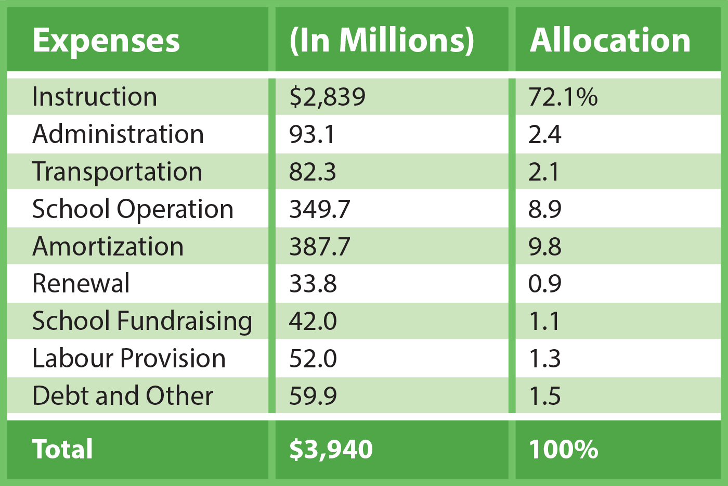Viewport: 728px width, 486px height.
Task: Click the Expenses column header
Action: [106, 40]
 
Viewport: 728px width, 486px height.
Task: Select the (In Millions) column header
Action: [382, 40]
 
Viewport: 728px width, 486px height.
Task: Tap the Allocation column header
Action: [610, 40]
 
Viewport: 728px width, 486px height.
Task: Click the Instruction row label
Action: [95, 97]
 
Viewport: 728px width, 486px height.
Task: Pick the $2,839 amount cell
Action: [328, 97]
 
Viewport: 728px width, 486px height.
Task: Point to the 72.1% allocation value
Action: [563, 97]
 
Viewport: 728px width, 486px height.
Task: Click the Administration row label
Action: [118, 134]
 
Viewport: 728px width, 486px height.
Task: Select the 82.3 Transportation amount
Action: [313, 172]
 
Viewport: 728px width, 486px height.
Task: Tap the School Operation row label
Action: [133, 209]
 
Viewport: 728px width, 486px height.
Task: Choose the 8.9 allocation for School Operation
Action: [545, 209]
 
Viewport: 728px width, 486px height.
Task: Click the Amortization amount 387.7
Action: [320, 247]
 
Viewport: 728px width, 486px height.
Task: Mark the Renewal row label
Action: [81, 284]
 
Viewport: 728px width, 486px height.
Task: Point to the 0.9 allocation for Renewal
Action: [545, 284]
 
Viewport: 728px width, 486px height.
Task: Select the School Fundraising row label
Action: [142, 321]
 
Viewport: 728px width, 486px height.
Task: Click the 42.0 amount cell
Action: [313, 321]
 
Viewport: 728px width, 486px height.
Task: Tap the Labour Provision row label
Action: [129, 359]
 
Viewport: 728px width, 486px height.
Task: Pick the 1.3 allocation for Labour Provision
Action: [545, 359]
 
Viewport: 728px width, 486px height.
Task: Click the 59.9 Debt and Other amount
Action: [313, 396]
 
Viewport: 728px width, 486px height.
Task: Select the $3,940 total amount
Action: [331, 449]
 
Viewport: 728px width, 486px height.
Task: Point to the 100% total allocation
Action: [563, 449]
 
